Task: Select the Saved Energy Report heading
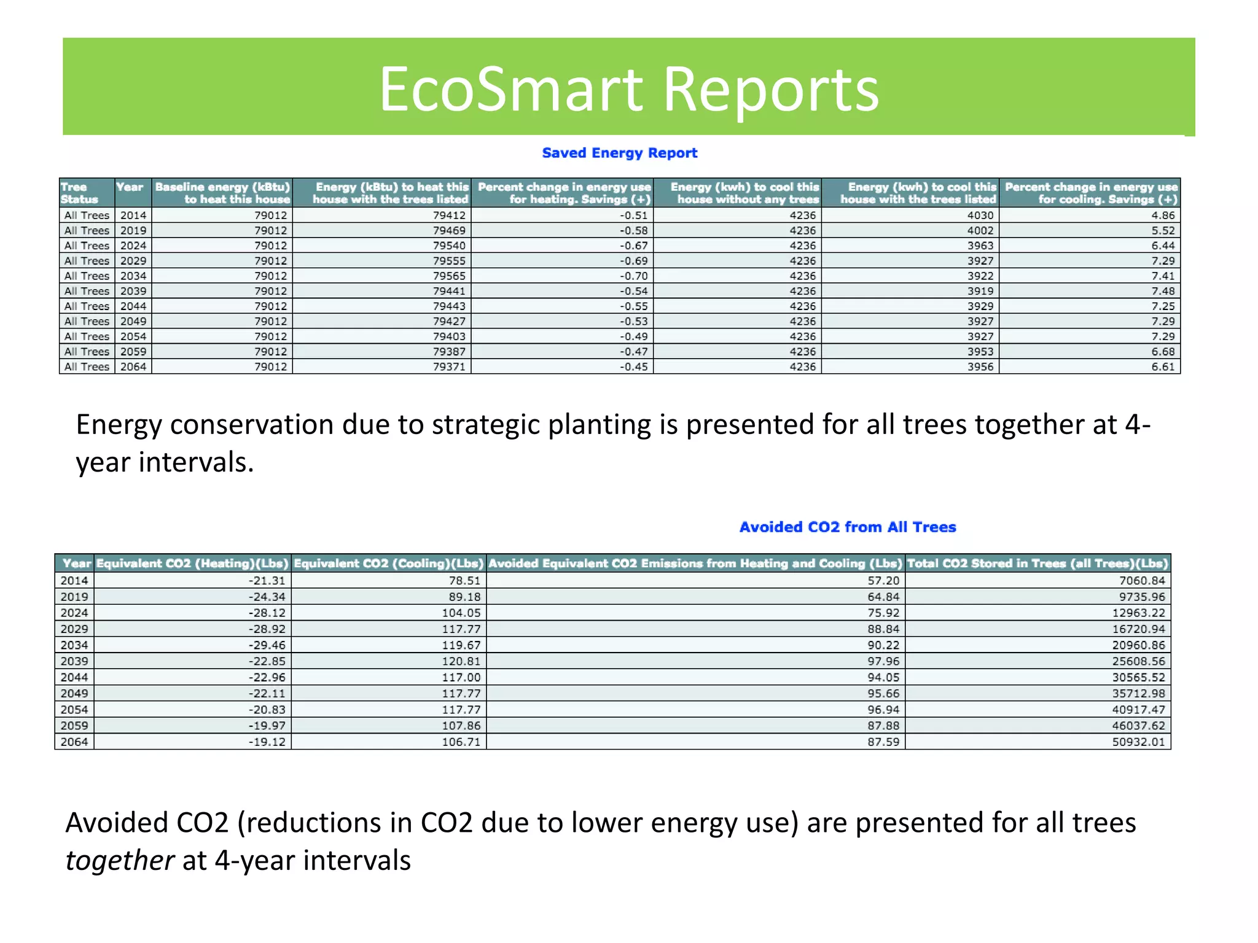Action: tap(619, 153)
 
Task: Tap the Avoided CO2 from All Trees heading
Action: tap(847, 527)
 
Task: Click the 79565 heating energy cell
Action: tap(449, 276)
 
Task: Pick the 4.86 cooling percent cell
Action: tap(1163, 215)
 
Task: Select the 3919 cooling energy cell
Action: tap(980, 291)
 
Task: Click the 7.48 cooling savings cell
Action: tap(1163, 291)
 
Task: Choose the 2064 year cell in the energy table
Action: tap(133, 367)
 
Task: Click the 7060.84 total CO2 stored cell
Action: tap(1141, 580)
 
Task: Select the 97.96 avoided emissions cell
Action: tap(883, 661)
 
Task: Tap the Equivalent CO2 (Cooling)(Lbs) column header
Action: tap(388, 563)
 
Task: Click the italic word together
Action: tap(120, 860)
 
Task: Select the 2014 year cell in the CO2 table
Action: tap(74, 580)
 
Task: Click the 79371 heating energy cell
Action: tap(449, 367)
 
